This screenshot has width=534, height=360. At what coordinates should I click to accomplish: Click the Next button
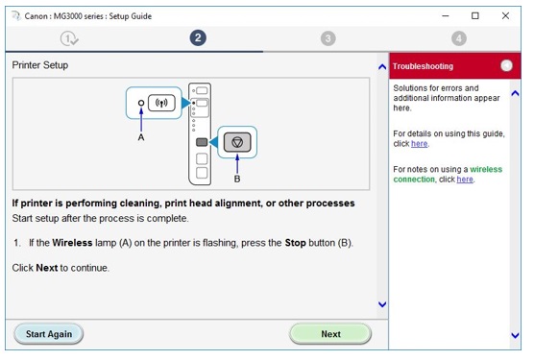click(330, 334)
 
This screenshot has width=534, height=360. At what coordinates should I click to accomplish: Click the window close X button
click(505, 15)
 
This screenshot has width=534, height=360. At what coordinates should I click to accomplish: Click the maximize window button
click(475, 15)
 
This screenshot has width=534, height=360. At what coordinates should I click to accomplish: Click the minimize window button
click(446, 15)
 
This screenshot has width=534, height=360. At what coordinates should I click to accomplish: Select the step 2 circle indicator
click(198, 37)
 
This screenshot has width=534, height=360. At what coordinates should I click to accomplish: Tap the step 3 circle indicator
click(328, 38)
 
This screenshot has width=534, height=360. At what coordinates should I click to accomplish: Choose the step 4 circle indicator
click(459, 38)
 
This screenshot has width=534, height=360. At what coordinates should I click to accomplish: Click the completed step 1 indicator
click(69, 38)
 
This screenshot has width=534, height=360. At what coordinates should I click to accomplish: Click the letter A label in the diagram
click(141, 137)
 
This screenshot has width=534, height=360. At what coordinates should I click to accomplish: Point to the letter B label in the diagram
click(237, 179)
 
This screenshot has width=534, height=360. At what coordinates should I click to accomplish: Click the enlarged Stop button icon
click(237, 142)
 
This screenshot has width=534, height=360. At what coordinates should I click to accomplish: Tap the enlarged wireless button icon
click(161, 103)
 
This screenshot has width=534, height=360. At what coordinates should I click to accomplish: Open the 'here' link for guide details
click(420, 144)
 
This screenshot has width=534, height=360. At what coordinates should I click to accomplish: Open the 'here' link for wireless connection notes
click(465, 179)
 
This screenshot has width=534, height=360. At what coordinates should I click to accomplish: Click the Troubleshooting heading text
click(423, 66)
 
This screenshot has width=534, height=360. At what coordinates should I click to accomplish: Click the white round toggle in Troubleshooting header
click(506, 65)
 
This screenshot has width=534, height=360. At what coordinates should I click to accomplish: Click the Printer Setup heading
click(40, 65)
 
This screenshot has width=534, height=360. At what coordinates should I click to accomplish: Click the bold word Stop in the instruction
click(295, 243)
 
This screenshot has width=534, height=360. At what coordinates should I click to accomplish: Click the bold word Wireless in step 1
click(72, 243)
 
